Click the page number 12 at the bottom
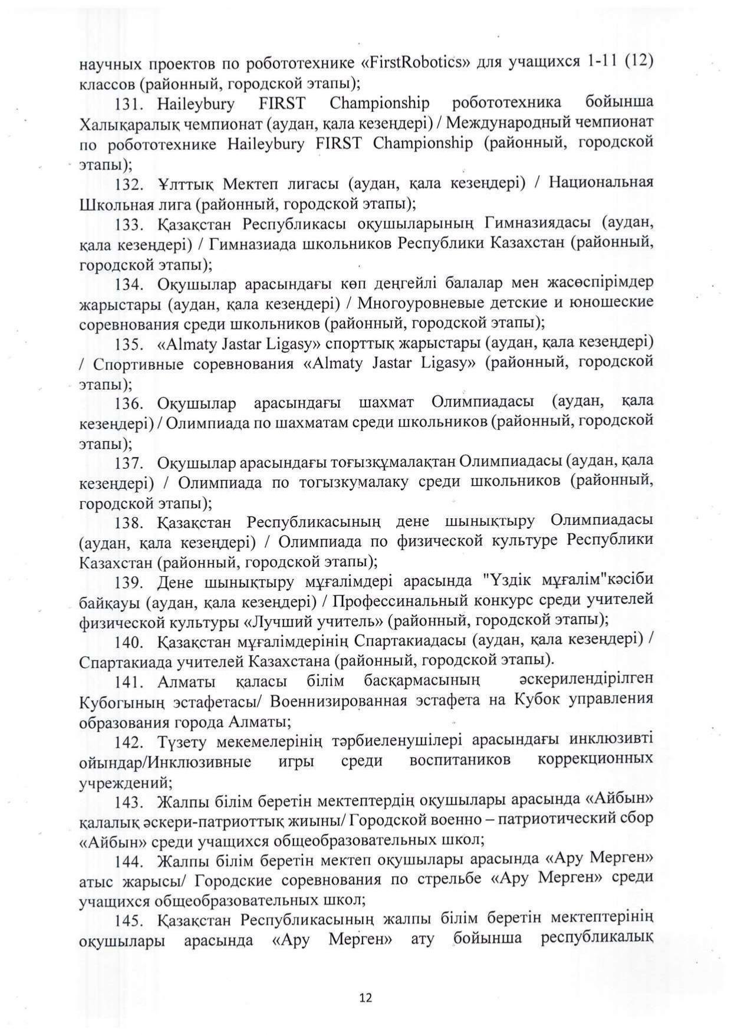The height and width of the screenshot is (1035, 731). click(x=365, y=997)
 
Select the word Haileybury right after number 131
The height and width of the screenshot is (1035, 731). click(x=196, y=105)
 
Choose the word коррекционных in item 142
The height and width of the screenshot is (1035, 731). click(x=595, y=760)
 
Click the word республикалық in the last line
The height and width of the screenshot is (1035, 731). click(x=597, y=939)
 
